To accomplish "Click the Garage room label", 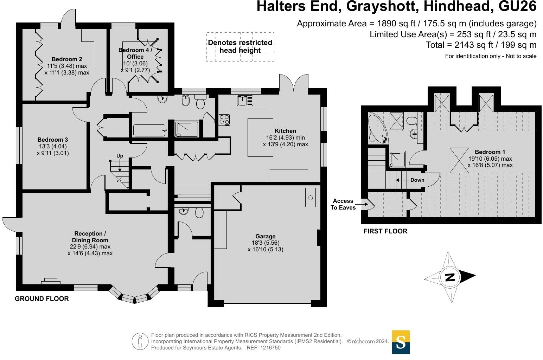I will tap(266, 237).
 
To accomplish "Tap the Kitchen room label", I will tap(285, 131).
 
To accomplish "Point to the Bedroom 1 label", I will tap(490, 152).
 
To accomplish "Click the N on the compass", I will tap(450, 277).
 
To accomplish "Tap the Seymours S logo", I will tap(401, 342).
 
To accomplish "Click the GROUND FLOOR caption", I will tap(41, 299).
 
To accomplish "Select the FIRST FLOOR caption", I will tap(385, 231).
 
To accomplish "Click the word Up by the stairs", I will tap(120, 156).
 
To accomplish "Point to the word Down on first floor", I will tap(417, 180).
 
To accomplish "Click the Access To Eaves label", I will tap(343, 204).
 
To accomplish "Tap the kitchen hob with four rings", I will tap(224, 120).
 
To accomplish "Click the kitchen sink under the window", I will tap(245, 101).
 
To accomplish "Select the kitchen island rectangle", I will tap(261, 137).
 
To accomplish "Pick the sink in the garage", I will tap(310, 197).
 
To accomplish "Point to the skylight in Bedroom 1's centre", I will tap(459, 160).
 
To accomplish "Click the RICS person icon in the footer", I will tap(140, 341).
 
